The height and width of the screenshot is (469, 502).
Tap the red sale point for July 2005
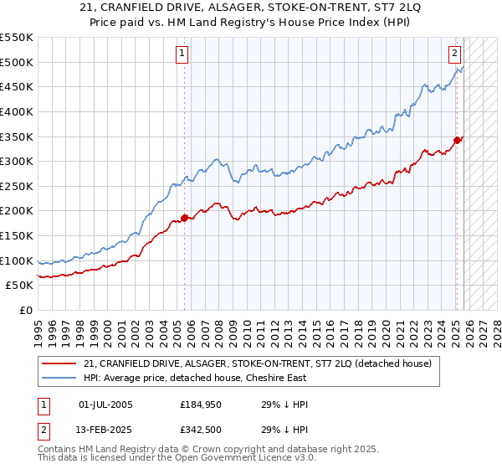point(184,219)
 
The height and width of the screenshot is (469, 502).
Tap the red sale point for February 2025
point(457,140)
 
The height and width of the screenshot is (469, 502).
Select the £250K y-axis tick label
point(17,186)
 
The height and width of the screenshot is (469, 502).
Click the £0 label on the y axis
point(25,311)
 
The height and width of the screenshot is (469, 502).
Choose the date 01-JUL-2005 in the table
point(105,405)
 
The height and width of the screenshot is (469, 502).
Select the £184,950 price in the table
point(200,405)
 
